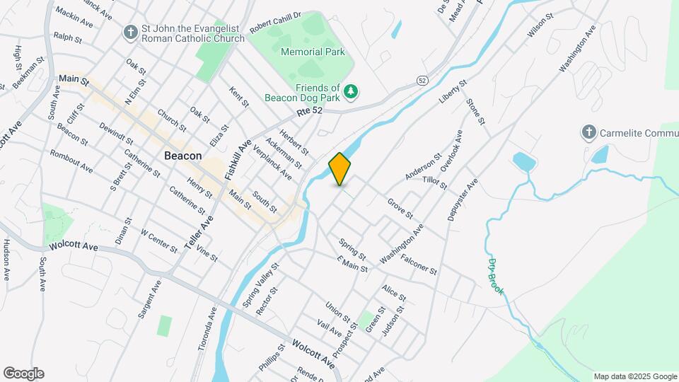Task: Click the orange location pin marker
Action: [x=340, y=168]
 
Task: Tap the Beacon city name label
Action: [x=182, y=156]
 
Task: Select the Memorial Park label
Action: [x=313, y=52]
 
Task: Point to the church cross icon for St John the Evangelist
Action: [x=130, y=33]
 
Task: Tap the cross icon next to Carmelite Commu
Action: [x=588, y=132]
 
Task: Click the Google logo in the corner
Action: [x=23, y=374]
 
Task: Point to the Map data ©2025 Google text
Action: [x=634, y=376]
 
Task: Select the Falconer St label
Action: [x=419, y=265]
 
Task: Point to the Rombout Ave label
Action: [x=71, y=161]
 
